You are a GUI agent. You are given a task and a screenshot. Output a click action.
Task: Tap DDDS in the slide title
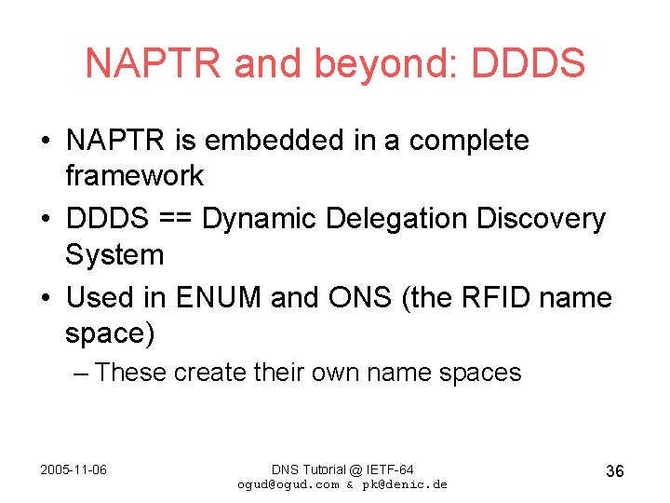point(529,64)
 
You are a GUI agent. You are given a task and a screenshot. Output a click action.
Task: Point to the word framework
point(135,176)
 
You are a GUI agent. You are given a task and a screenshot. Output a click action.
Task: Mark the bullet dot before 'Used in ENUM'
point(46,298)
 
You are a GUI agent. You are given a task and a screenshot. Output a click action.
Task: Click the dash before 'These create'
point(82,373)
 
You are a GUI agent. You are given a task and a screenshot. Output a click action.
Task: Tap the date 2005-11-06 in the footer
point(74,469)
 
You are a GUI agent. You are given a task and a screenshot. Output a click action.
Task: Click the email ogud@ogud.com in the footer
point(288,484)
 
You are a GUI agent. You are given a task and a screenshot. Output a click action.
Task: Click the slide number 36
point(614,471)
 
